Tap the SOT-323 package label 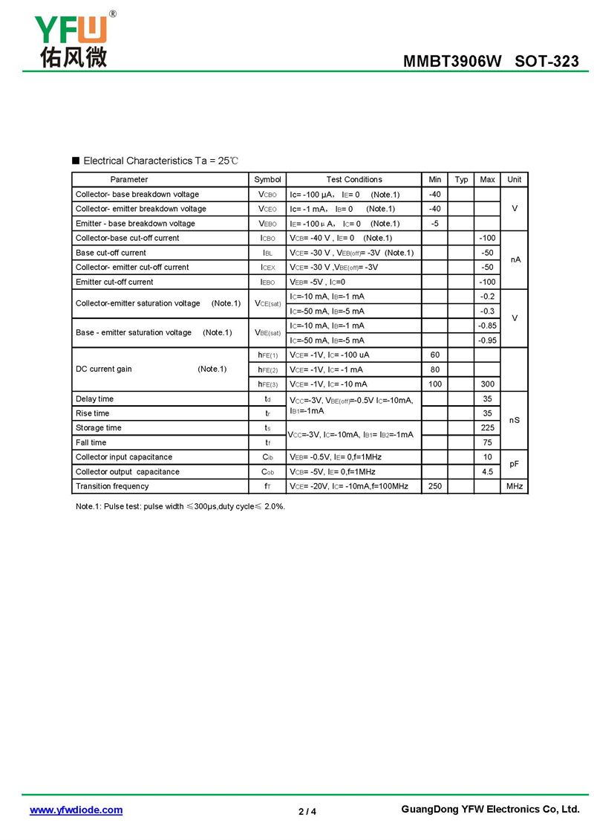pyautogui.click(x=546, y=62)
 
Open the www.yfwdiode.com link pyautogui.click(x=76, y=810)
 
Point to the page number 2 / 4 pyautogui.click(x=307, y=811)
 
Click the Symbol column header pyautogui.click(x=267, y=179)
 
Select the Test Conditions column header pyautogui.click(x=354, y=179)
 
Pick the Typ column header pyautogui.click(x=461, y=179)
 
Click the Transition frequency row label pyautogui.click(x=112, y=486)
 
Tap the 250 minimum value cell pyautogui.click(x=435, y=486)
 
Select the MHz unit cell pyautogui.click(x=515, y=486)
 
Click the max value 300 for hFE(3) pyautogui.click(x=487, y=384)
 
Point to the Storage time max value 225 pyautogui.click(x=487, y=428)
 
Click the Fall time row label pyautogui.click(x=91, y=442)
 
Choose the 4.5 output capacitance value pyautogui.click(x=487, y=472)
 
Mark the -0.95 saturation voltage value pyautogui.click(x=487, y=340)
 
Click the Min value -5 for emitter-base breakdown pyautogui.click(x=435, y=223)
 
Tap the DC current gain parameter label pyautogui.click(x=104, y=369)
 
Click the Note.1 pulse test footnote pyautogui.click(x=180, y=506)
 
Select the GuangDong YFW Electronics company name pyautogui.click(x=489, y=810)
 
